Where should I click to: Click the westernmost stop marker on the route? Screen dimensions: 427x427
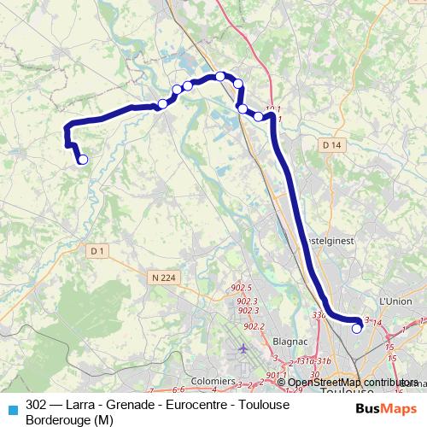[x=83, y=159]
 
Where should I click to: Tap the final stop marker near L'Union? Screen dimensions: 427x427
[x=357, y=328]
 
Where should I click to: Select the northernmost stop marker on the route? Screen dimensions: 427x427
[x=220, y=76]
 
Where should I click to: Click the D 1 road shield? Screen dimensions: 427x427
[x=97, y=250]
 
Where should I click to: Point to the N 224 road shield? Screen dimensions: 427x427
[x=160, y=277]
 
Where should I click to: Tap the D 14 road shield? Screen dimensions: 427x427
[x=333, y=146]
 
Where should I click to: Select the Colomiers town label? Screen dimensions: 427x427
[x=213, y=380]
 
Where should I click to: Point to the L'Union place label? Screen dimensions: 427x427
[x=395, y=301]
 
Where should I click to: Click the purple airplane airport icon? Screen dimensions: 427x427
[x=243, y=349]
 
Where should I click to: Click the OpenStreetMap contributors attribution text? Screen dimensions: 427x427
[x=352, y=383]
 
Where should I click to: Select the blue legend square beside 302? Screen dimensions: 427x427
[x=13, y=410]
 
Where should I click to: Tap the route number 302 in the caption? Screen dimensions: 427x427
[x=37, y=404]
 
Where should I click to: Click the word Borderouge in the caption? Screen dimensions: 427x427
[x=59, y=419]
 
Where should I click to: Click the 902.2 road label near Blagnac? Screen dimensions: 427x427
[x=254, y=325]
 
